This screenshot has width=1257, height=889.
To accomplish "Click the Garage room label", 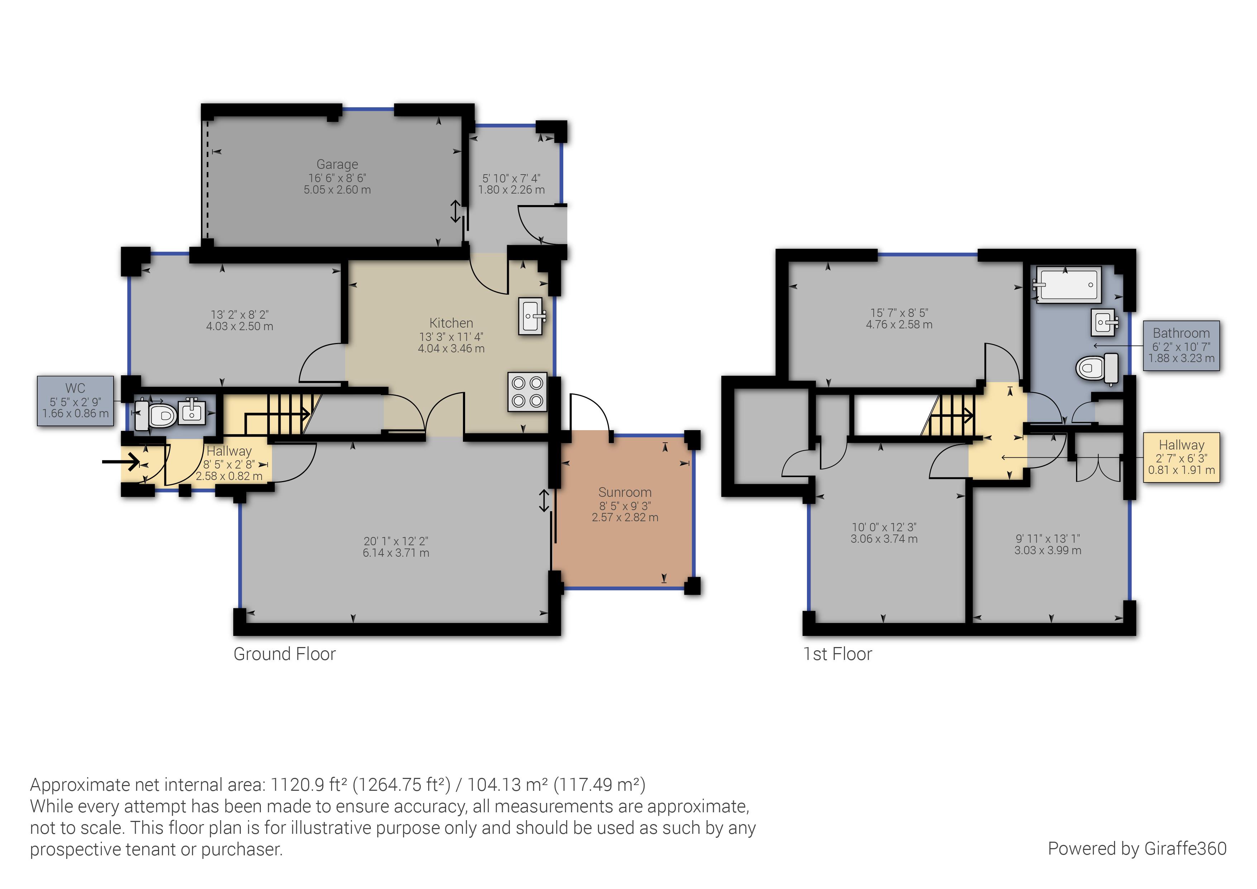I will click(337, 164).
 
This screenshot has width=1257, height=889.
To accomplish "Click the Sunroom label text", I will click(625, 492).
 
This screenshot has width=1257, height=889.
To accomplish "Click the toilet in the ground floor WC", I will click(156, 415).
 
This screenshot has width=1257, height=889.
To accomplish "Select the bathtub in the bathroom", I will click(1067, 285).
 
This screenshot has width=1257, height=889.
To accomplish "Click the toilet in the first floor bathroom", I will click(1096, 368).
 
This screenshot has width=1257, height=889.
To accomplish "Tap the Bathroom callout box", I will click(1181, 345).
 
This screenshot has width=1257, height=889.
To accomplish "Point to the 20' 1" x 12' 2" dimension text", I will click(396, 541).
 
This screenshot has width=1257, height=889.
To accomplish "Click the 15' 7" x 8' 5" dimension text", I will click(899, 313).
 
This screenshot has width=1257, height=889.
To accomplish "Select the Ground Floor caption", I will click(284, 653).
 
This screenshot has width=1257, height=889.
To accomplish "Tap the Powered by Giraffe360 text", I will click(1137, 848).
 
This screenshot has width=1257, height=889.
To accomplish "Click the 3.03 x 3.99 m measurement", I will click(1047, 551).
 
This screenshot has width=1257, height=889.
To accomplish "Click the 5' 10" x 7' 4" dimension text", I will click(511, 178).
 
